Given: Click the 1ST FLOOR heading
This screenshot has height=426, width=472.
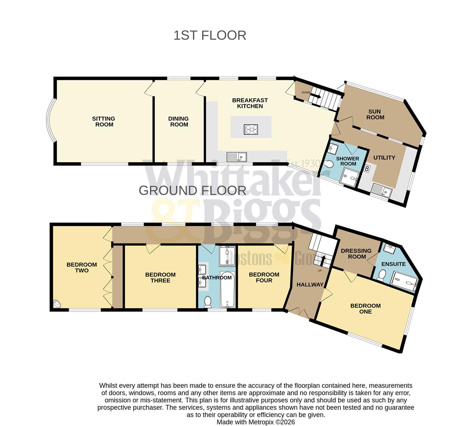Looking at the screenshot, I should (210, 35).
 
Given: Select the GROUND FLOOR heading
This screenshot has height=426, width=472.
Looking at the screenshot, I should (193, 191).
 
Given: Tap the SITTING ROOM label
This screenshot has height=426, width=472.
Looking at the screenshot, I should (103, 121).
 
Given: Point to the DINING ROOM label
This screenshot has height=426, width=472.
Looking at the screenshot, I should (179, 121).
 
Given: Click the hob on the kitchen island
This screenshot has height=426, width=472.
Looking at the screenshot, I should (251, 129).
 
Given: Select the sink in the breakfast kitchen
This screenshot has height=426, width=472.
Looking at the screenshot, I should (236, 157).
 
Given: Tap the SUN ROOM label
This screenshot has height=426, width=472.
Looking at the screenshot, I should (375, 114).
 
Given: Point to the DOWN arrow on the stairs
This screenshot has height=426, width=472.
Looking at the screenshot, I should (316, 95).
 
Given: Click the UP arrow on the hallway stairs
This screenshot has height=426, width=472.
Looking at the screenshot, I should (324, 260).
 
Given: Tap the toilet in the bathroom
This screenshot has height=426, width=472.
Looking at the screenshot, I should (208, 302).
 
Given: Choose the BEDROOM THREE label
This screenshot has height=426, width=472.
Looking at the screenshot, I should (160, 278).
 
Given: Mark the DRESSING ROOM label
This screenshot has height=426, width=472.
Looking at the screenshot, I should (356, 254).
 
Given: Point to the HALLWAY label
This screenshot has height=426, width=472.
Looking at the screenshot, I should (310, 285).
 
